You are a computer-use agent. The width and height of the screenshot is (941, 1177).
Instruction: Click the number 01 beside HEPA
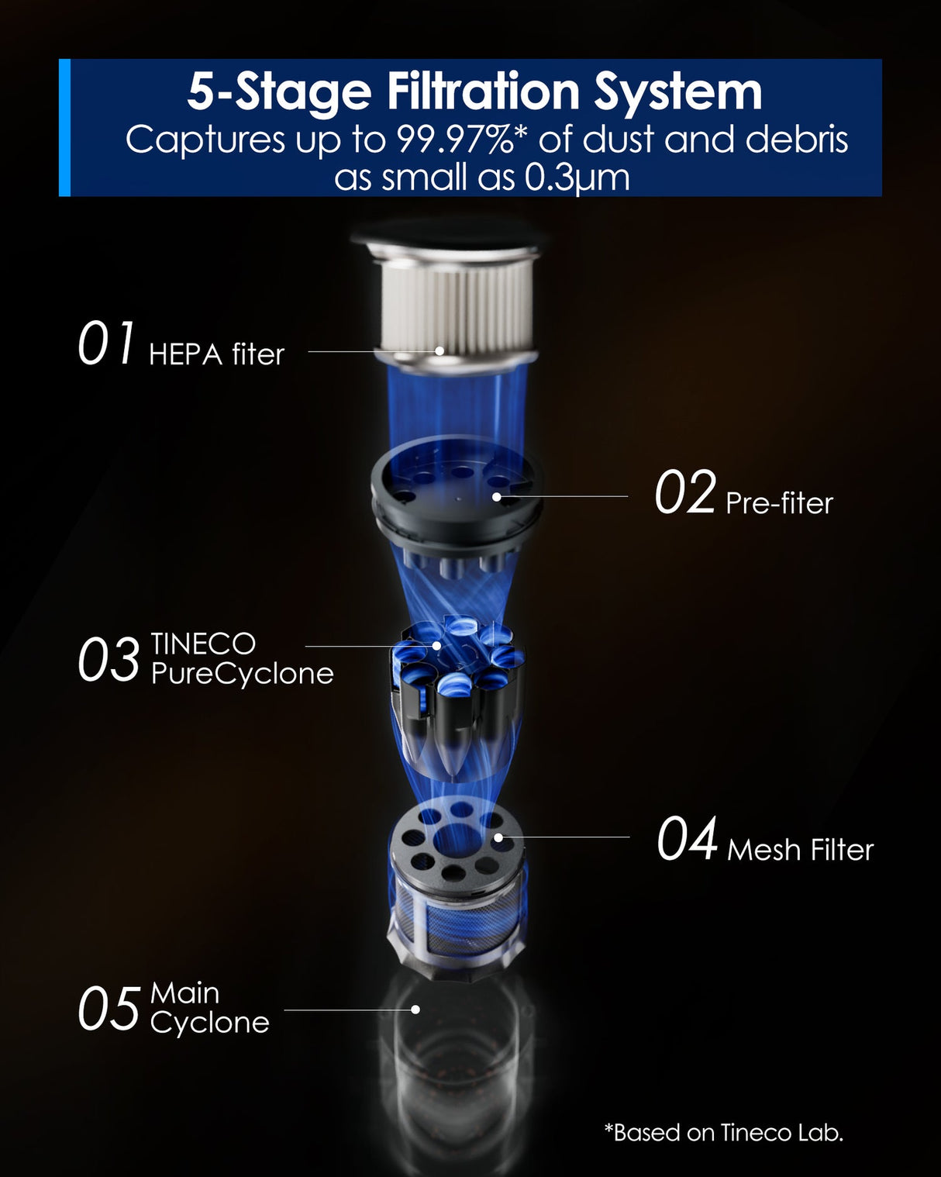[107, 344]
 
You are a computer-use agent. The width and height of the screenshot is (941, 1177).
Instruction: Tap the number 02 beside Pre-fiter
[684, 493]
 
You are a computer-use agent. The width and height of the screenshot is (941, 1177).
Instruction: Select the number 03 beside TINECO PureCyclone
[109, 661]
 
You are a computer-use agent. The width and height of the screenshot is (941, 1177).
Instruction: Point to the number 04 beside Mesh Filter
[687, 840]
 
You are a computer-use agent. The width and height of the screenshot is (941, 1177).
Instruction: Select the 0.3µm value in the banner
[577, 178]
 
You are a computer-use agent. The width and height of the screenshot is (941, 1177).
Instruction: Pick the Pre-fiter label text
[779, 503]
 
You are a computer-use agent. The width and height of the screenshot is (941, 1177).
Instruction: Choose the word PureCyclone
[242, 674]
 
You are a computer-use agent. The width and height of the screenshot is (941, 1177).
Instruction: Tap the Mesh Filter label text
[800, 850]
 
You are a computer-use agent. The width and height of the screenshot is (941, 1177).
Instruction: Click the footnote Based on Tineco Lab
[723, 1133]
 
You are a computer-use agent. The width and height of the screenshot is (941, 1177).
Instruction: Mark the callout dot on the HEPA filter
[439, 350]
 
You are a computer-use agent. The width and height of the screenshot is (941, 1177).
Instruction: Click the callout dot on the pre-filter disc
[496, 495]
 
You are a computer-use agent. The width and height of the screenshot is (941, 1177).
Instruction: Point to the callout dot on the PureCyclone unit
[436, 645]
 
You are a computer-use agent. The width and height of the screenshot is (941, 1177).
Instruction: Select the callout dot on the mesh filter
[498, 837]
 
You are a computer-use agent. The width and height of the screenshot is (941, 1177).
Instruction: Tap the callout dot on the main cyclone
[415, 1010]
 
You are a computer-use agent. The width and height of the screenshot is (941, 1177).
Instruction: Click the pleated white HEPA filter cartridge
[456, 302]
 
